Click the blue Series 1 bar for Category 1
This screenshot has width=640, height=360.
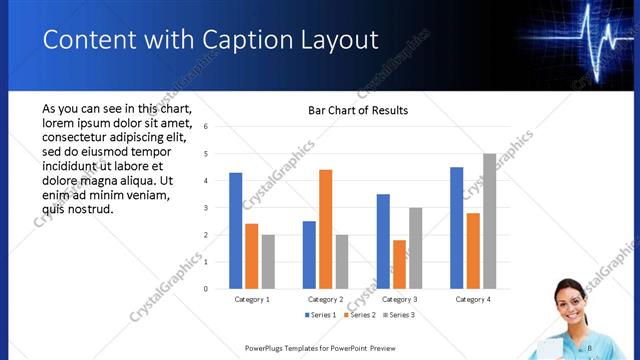(236, 231)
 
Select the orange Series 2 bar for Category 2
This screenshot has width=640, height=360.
(326, 229)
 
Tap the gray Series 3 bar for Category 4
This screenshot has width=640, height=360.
(489, 221)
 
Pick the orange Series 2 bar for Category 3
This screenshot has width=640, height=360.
(400, 264)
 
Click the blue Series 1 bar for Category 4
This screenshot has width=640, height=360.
(457, 228)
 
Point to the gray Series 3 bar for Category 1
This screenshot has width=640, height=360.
(268, 262)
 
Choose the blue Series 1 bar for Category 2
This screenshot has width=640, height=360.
(309, 255)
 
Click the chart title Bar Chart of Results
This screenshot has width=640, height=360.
(358, 110)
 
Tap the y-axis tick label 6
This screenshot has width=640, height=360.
(205, 127)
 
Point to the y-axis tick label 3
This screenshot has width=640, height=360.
(205, 208)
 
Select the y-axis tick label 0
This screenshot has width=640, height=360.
(205, 289)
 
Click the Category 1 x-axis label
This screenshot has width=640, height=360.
(252, 299)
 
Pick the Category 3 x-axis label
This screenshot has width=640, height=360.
(400, 299)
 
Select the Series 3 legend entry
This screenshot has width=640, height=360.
(398, 315)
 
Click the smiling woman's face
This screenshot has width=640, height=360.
(569, 299)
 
